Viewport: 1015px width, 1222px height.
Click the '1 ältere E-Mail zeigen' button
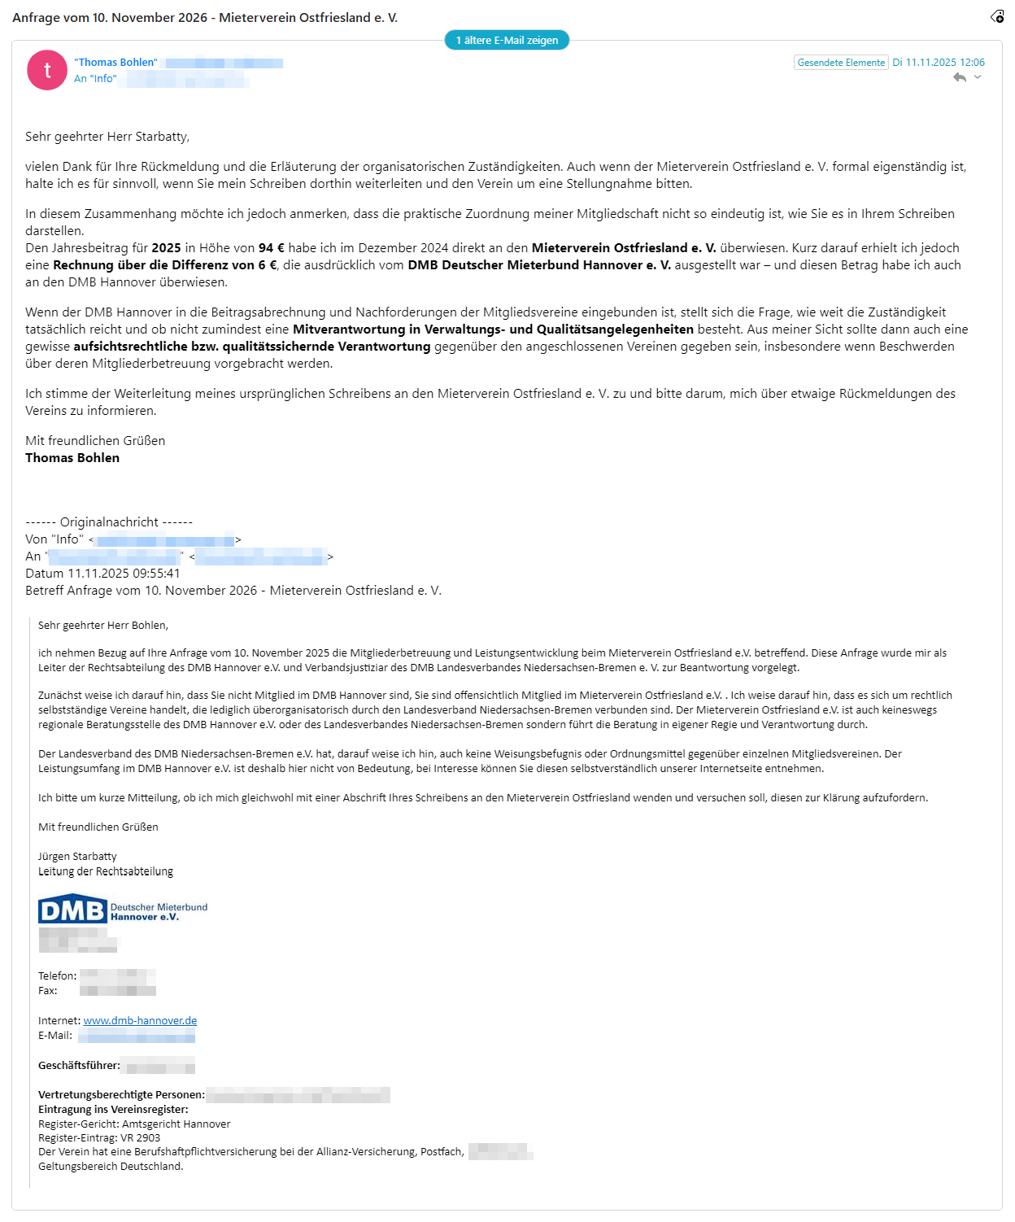(x=507, y=40)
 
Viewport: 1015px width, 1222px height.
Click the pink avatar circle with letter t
(x=47, y=70)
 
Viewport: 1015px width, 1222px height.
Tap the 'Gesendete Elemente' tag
(x=840, y=63)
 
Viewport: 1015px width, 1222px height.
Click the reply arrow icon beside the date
(x=960, y=77)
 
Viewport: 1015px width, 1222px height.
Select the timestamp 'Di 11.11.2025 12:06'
(x=939, y=63)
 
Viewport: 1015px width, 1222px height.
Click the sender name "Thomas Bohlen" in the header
(x=115, y=63)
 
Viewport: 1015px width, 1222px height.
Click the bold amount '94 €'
(x=272, y=248)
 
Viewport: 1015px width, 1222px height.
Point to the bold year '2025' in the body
(x=166, y=248)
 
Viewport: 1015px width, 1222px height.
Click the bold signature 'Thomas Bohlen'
(x=72, y=458)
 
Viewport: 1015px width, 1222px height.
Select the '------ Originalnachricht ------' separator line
(x=109, y=522)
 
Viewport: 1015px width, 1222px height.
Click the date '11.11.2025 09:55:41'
(x=124, y=574)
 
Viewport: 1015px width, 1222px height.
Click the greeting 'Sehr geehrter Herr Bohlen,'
(x=103, y=626)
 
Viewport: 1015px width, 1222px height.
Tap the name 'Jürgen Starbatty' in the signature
(x=77, y=857)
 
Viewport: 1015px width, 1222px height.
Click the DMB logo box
(x=72, y=910)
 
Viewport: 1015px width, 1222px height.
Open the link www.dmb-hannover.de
(x=140, y=1021)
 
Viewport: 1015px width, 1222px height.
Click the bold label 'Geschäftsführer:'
(x=79, y=1066)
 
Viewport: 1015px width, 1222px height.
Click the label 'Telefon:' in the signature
(x=58, y=976)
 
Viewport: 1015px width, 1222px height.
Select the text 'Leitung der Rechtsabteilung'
(x=106, y=871)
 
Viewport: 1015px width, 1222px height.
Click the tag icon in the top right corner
(x=997, y=16)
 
